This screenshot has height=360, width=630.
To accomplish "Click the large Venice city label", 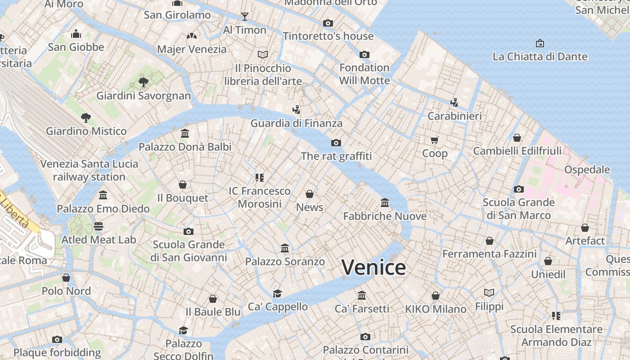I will tap(373, 267).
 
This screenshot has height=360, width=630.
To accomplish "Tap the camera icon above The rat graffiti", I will tap(336, 143).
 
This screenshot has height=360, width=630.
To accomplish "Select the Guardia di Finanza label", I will tap(296, 123).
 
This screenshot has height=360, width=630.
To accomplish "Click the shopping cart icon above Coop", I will tap(434, 140).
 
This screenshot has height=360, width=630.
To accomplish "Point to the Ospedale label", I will tap(587, 170).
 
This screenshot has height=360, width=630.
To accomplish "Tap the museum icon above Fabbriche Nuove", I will tap(385, 202).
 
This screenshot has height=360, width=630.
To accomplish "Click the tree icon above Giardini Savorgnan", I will tap(144, 82).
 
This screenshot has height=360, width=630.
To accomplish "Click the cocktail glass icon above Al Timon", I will tap(245, 17).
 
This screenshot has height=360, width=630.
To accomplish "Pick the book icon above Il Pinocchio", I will tap(263, 54).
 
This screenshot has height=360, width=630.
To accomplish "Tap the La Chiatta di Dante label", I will tap(540, 56).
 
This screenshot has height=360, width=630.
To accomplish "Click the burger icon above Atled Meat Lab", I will tap(99, 226).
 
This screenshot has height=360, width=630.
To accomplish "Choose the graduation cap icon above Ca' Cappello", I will tap(277, 293).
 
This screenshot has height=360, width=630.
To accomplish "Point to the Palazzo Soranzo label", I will tap(285, 261).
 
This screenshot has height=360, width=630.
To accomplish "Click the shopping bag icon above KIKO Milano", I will tap(435, 296).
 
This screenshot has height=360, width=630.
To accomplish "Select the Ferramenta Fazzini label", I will tap(489, 254).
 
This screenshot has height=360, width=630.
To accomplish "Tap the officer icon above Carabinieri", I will tap(454, 102).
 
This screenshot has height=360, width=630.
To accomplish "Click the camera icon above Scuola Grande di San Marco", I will tap(518, 189).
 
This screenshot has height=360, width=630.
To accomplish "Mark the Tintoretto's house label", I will tap(328, 36).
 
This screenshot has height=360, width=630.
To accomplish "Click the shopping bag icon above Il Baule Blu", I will tap(213, 299).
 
